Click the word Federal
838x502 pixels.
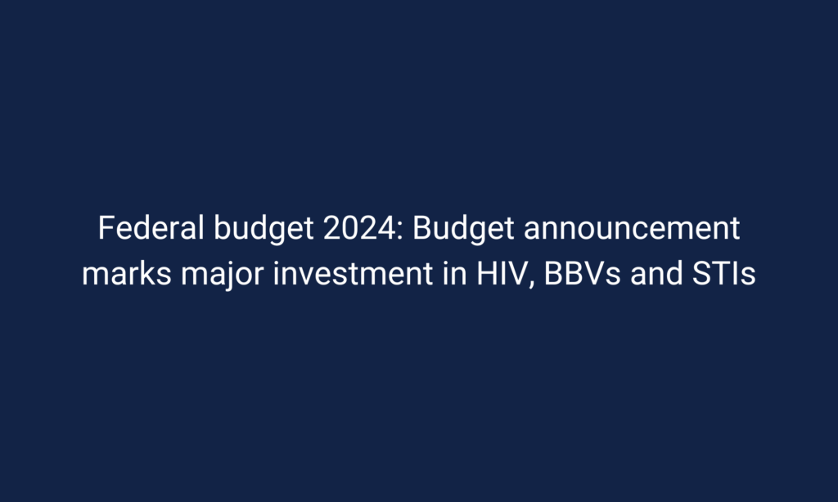(x=151, y=228)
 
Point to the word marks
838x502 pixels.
(x=127, y=273)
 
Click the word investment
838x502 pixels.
(x=353, y=273)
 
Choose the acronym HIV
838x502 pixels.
(x=502, y=273)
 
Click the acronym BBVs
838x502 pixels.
(x=582, y=273)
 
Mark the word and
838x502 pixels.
(x=656, y=273)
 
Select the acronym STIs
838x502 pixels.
(x=723, y=273)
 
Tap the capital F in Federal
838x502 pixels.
(x=107, y=228)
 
